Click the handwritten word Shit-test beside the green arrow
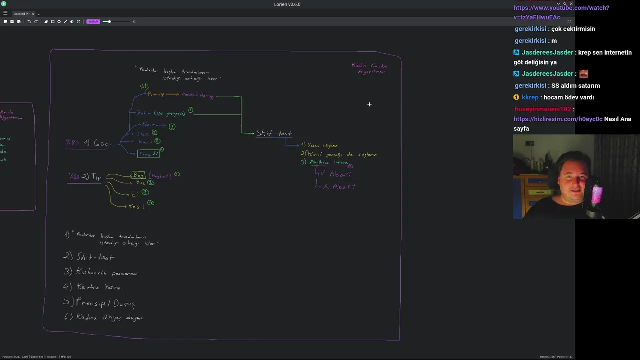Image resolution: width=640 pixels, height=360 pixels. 274,133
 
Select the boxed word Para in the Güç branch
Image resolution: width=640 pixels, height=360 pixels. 148,154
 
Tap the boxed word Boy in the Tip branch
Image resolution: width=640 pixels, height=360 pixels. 138,175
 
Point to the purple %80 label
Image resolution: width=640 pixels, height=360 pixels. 72,143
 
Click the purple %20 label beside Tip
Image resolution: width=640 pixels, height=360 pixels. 74,177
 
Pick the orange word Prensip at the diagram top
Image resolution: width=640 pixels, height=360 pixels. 156,94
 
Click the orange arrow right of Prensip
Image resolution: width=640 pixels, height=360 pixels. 172,94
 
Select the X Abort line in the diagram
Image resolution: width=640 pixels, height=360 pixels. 339,187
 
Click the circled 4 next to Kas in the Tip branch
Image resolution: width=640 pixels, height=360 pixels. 151,203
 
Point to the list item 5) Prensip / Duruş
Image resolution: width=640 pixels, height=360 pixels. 100,303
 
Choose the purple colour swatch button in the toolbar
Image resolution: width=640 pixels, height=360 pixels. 93,21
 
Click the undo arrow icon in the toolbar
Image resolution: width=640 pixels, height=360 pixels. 29,21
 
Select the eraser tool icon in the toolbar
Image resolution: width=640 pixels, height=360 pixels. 71,21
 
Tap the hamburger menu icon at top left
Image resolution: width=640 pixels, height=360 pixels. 5,13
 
